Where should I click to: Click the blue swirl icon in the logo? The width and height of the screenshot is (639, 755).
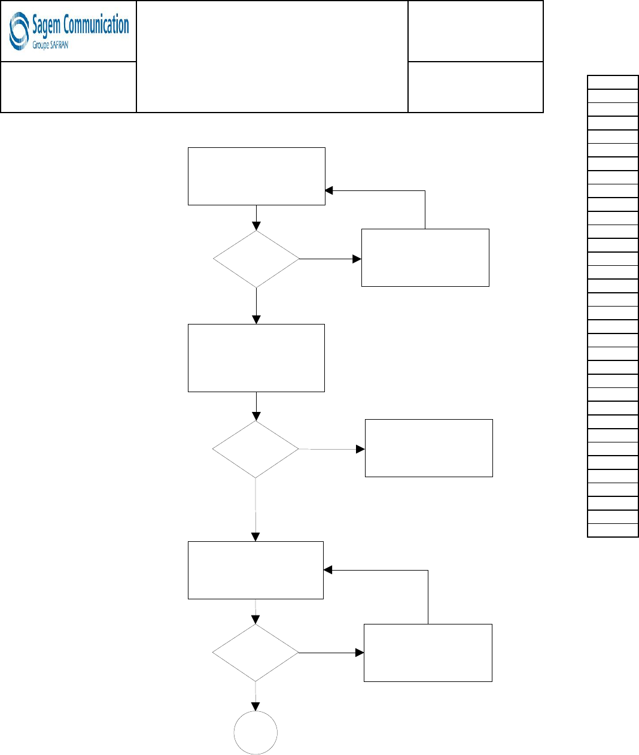click(x=19, y=31)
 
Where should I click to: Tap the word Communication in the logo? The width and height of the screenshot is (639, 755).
click(x=96, y=25)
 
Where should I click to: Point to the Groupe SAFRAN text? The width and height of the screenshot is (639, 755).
click(x=50, y=46)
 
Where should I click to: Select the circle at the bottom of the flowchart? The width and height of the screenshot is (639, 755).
click(x=255, y=732)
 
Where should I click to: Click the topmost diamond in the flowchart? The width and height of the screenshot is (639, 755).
click(x=256, y=259)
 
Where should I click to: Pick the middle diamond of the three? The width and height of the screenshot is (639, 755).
click(x=255, y=449)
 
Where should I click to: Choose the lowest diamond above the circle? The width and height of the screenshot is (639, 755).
click(x=255, y=653)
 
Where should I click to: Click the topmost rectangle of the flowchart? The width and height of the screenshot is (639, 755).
click(x=257, y=177)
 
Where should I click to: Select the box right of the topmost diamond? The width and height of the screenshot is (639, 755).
click(x=425, y=258)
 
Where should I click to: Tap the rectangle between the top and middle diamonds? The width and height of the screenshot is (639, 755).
click(x=256, y=358)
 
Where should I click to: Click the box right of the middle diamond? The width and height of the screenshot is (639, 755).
click(x=429, y=448)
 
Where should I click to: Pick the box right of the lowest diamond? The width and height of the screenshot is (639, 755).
click(x=428, y=653)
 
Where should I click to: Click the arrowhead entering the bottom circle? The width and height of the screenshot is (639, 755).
click(x=255, y=707)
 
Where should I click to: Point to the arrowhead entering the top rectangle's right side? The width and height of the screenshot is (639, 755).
click(x=329, y=190)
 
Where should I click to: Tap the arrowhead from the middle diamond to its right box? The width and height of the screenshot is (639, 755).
click(x=360, y=449)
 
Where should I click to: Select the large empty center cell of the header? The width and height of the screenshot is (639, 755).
click(x=272, y=57)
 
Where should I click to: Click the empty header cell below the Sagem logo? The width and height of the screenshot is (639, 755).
click(x=69, y=87)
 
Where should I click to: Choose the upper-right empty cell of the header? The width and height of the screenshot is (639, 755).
click(x=476, y=31)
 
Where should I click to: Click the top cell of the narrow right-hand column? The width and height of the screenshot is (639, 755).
click(x=613, y=82)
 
